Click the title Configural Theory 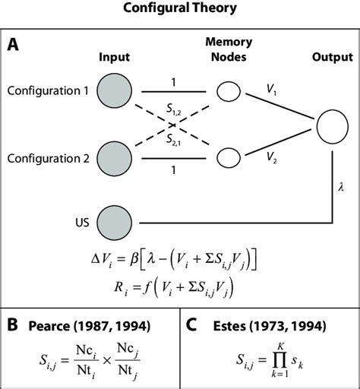(x=180, y=9)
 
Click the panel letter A (x=14, y=45)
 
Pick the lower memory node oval (x=227, y=157)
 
